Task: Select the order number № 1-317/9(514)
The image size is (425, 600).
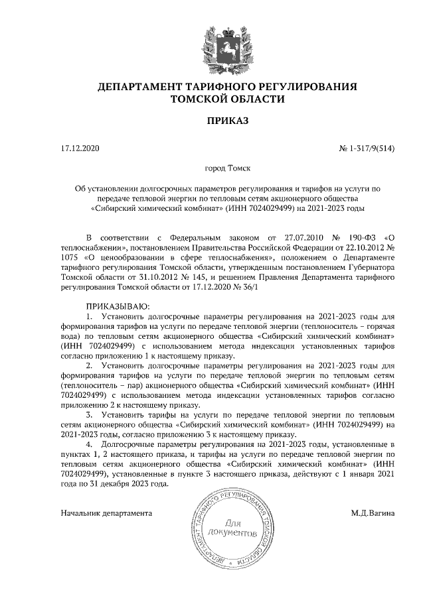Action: (x=367, y=149)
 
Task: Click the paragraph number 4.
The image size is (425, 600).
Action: (x=91, y=442)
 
